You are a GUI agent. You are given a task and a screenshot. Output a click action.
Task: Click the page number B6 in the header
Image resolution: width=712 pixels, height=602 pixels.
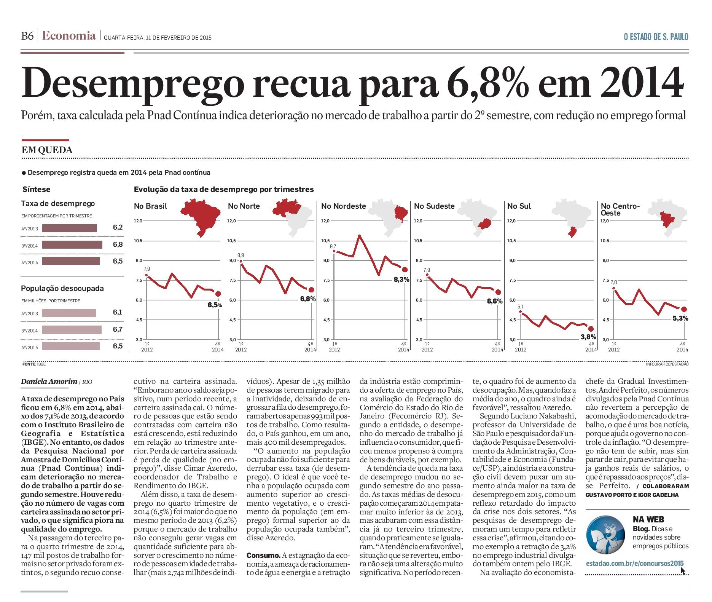coord(28,36)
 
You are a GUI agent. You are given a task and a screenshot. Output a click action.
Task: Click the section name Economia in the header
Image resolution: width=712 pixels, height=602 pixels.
coord(69,36)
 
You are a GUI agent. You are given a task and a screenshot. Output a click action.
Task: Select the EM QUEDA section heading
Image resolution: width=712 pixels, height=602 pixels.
coord(47,150)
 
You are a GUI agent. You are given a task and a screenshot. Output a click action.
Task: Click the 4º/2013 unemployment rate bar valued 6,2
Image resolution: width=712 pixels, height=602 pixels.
coord(70,228)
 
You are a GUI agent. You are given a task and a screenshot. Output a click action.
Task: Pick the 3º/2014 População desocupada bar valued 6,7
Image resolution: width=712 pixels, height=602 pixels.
coord(72,330)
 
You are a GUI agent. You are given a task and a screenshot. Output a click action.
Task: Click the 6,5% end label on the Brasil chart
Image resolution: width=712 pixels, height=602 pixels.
coord(215,305)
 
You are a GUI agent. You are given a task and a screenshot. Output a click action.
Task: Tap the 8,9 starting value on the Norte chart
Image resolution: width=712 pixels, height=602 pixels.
coord(241,255)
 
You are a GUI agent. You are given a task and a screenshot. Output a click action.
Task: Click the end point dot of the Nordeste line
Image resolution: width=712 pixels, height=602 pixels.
coord(405,270)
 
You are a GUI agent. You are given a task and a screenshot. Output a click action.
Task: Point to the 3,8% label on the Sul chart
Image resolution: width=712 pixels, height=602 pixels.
coord(588,337)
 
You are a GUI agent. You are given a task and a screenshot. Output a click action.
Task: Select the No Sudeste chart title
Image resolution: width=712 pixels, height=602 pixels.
coord(434,206)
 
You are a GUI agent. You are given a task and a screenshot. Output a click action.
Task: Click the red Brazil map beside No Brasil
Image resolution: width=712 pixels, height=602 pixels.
coord(201,217)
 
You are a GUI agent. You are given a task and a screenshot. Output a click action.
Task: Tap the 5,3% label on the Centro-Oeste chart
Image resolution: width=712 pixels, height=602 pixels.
coord(680,318)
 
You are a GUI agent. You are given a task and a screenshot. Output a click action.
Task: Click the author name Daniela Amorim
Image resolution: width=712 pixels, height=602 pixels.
coord(48,382)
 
